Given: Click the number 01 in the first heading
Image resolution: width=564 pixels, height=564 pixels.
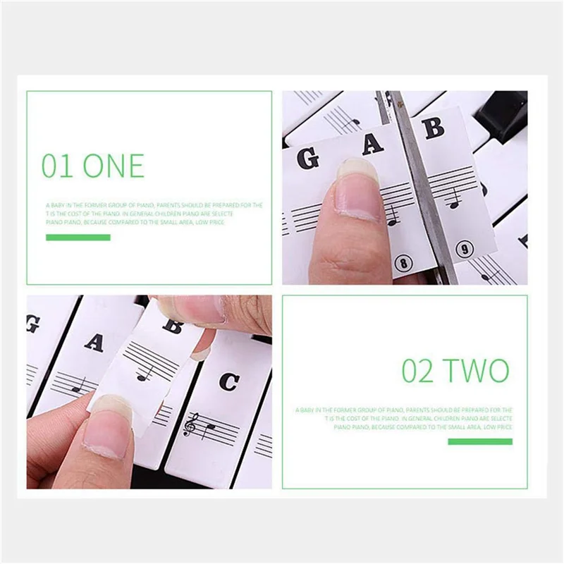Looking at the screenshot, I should [x=58, y=166].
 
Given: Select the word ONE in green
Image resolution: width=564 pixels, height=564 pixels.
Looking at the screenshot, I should [x=113, y=166].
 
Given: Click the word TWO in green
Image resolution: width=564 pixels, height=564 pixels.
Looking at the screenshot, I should [x=477, y=371].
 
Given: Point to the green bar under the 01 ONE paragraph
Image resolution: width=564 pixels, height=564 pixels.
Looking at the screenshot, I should [x=78, y=238].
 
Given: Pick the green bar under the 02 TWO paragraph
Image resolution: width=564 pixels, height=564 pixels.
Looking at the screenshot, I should [x=480, y=441].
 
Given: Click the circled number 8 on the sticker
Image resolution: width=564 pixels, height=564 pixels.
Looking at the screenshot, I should [x=403, y=264].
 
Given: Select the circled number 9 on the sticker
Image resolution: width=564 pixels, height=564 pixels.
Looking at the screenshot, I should [x=463, y=249].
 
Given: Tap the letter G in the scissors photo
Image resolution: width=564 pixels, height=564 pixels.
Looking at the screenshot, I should [x=307, y=157].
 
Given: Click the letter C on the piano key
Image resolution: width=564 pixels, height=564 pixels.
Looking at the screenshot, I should [x=228, y=381].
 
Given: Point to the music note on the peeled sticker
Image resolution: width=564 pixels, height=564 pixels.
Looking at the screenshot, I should [x=145, y=372].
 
